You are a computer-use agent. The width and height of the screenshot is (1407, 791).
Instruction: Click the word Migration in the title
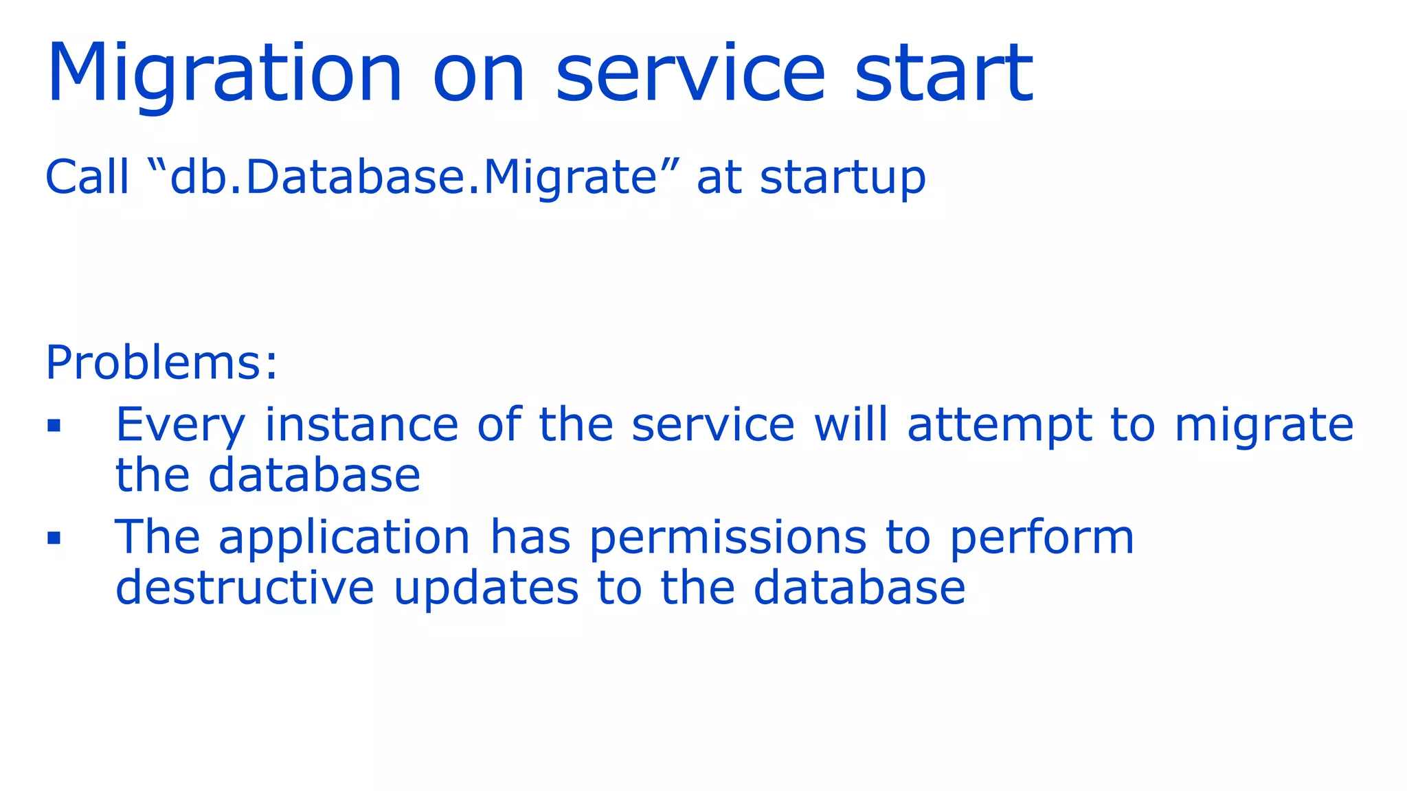coord(224,74)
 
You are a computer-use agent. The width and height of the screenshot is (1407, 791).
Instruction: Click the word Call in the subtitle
coord(87,177)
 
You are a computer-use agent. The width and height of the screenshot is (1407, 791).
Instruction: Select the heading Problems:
coord(161,362)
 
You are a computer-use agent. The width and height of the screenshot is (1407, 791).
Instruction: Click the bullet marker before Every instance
coord(54,426)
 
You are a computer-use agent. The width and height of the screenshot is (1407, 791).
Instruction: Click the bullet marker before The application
coord(54,538)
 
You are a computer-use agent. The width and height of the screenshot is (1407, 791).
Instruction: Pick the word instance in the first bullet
coord(361,424)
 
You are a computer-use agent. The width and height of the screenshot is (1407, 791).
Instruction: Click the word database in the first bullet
coord(314,475)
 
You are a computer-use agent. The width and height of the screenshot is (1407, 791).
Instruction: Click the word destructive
coord(245,588)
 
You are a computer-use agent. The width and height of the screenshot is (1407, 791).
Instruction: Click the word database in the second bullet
coord(859,588)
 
